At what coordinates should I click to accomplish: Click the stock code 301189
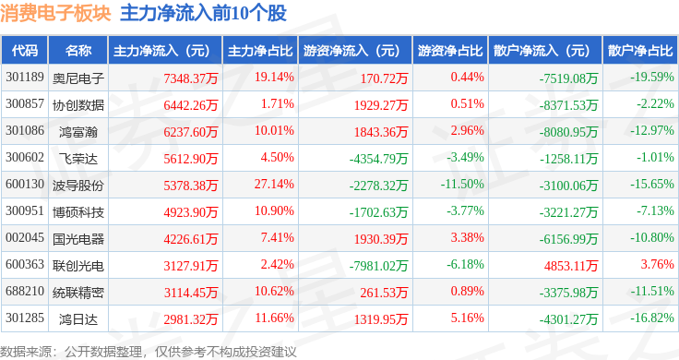coord(25,78)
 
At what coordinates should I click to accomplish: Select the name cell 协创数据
coord(78,105)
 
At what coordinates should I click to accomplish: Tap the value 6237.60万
coord(191,132)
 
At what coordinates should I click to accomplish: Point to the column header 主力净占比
coord(260,51)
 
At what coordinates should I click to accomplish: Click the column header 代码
coord(25,51)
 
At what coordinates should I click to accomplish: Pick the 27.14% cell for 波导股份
coord(274,184)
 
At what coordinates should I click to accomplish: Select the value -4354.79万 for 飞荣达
coord(378,159)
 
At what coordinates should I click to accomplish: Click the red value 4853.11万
coord(571,266)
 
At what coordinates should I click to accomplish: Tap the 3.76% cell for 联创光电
coord(658,264)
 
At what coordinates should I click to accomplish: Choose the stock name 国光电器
coord(78,239)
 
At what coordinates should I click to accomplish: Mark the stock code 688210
coord(25,291)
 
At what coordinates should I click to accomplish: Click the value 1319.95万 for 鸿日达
coord(381,319)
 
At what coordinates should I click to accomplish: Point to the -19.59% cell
coord(652,78)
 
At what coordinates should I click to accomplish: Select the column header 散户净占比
coord(640,51)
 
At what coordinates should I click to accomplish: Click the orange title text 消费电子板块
coord(56,13)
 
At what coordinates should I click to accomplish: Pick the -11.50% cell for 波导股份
coord(462,184)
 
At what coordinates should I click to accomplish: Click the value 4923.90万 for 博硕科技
coord(191,212)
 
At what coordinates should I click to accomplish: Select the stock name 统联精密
coord(78,293)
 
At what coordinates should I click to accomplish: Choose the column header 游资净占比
coord(450,51)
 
